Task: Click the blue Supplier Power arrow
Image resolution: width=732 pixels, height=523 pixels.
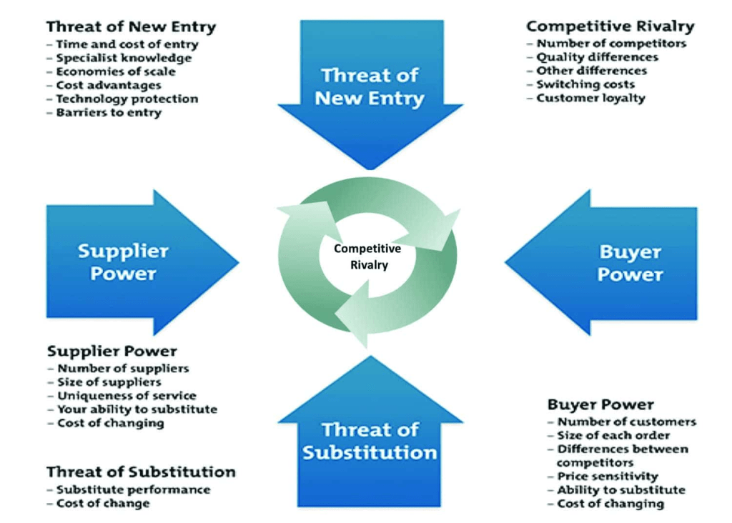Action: (129, 261)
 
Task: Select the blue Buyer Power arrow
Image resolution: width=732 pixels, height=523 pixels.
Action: (615, 262)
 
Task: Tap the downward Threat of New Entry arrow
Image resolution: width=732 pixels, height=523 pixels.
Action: (370, 89)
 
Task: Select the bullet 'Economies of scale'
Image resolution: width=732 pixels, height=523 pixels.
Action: (116, 71)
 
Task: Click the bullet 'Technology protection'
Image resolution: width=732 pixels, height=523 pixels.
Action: (127, 99)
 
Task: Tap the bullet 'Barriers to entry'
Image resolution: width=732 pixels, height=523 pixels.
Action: (109, 112)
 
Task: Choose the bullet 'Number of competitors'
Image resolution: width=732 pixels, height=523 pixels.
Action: (611, 44)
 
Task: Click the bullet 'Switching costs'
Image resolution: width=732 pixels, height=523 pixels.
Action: (586, 84)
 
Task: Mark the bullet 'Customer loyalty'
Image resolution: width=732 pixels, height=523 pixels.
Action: (590, 98)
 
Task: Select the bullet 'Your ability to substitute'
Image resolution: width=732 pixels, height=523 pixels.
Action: (137, 409)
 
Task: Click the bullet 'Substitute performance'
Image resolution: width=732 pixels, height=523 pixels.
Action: (133, 489)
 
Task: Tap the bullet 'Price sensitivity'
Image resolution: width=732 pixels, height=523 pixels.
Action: (608, 476)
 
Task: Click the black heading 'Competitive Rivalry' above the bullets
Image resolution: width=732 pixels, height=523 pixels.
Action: (610, 26)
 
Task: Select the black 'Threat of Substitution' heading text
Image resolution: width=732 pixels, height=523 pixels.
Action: (141, 472)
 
